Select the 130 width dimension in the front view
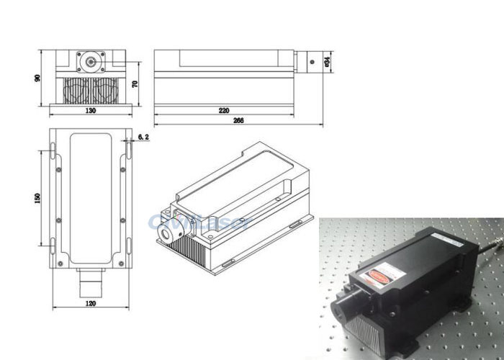(x=91, y=112)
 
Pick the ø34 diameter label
(x=328, y=63)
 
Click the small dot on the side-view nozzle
(x=312, y=63)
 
